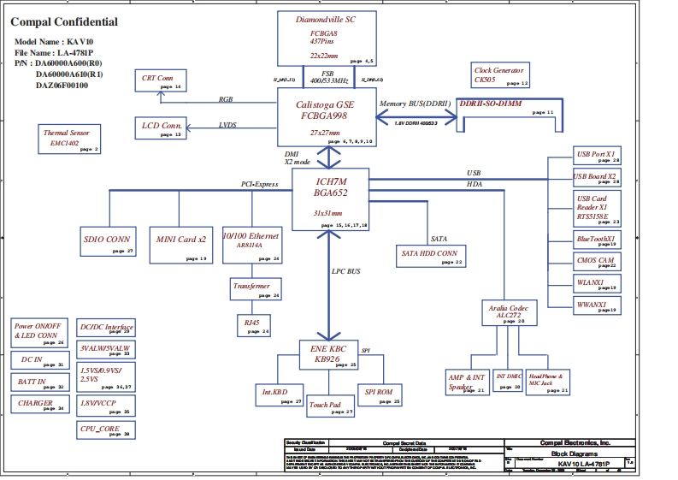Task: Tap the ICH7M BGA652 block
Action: click(330, 199)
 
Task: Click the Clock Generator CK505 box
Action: click(500, 74)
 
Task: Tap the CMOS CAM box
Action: click(596, 262)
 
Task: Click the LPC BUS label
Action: click(346, 271)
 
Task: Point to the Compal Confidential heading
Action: click(64, 22)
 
